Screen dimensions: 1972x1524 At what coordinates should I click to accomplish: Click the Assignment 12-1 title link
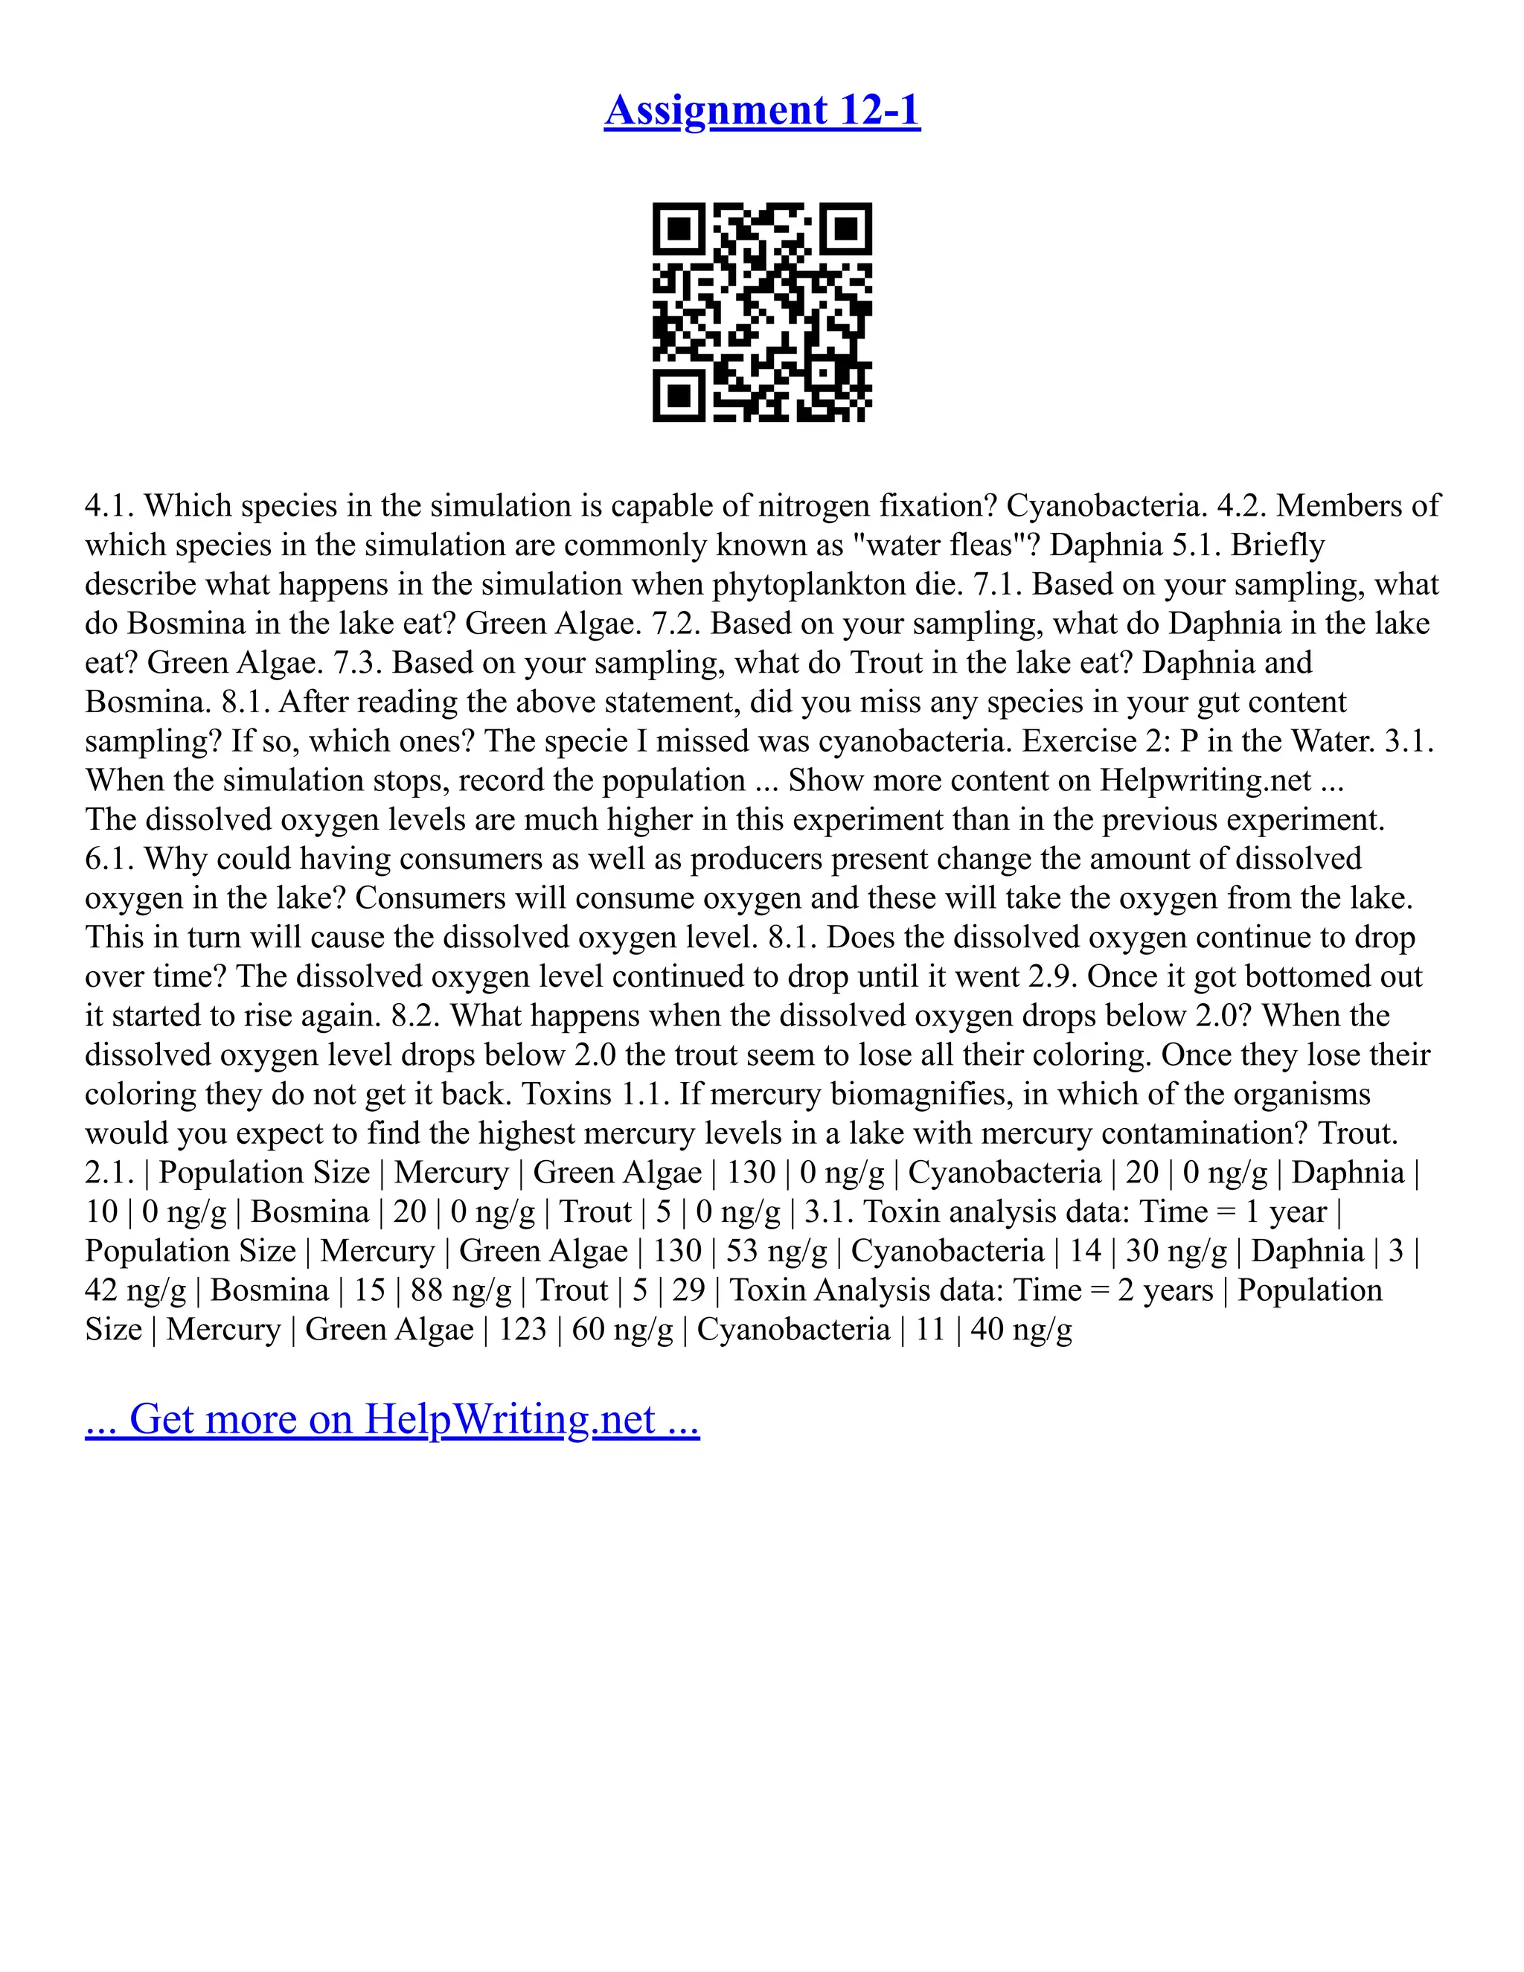coord(762,110)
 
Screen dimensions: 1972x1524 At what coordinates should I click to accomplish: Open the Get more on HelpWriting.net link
coord(392,1418)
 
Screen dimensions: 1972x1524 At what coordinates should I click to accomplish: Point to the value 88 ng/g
coord(461,1290)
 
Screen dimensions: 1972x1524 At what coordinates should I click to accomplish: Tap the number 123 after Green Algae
coord(522,1329)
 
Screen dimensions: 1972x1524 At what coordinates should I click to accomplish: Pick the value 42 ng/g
coord(135,1290)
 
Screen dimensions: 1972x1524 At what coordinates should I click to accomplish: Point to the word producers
coord(756,859)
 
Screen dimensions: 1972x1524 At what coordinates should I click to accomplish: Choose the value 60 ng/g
coord(622,1329)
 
